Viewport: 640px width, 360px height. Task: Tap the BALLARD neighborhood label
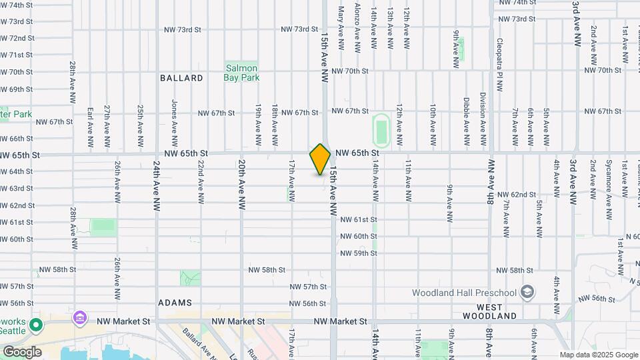coord(181,78)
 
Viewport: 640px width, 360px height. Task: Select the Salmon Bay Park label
coord(241,73)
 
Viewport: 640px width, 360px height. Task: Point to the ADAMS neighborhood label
coord(175,303)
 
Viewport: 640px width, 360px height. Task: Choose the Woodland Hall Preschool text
coord(464,293)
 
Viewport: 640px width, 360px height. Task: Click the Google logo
coord(22,351)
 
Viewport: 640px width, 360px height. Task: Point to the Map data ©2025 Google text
coord(599,355)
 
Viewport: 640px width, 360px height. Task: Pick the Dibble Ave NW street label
coord(466,122)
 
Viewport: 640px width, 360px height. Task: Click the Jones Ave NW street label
coord(175,123)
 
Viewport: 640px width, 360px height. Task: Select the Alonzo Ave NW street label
coord(357,27)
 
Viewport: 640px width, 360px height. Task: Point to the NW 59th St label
coord(359,253)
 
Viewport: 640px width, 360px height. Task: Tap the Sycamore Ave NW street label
coord(608,189)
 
